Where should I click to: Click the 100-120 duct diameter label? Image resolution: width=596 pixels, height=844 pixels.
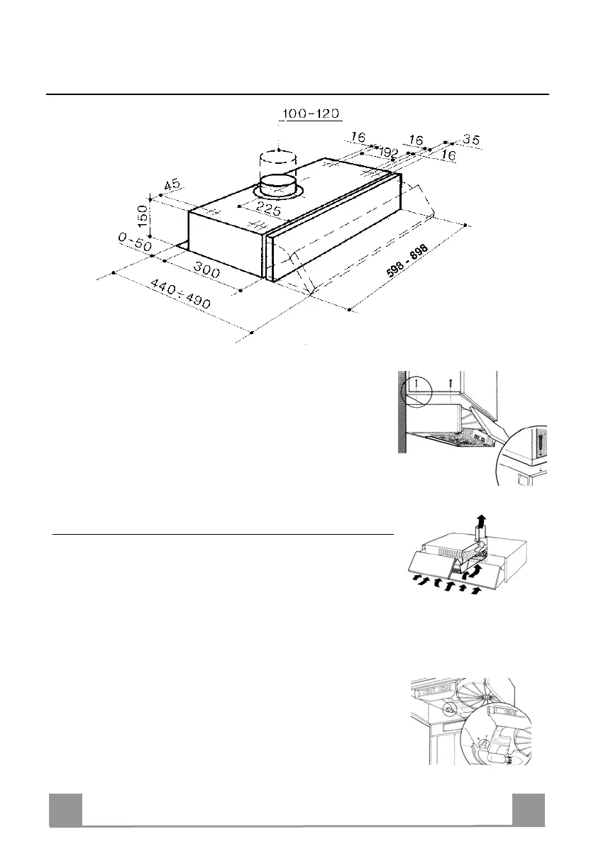[x=312, y=114]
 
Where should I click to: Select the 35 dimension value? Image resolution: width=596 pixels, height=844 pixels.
[x=470, y=140]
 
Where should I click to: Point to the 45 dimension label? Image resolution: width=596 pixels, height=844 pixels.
[x=172, y=185]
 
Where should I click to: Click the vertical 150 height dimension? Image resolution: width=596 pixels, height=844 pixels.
[x=143, y=221]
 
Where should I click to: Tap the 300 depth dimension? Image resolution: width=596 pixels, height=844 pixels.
[x=206, y=268]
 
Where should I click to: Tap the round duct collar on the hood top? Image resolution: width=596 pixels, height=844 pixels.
[x=278, y=187]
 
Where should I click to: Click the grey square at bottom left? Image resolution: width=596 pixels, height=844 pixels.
[x=65, y=810]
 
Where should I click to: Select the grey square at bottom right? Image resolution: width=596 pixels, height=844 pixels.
[x=529, y=810]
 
